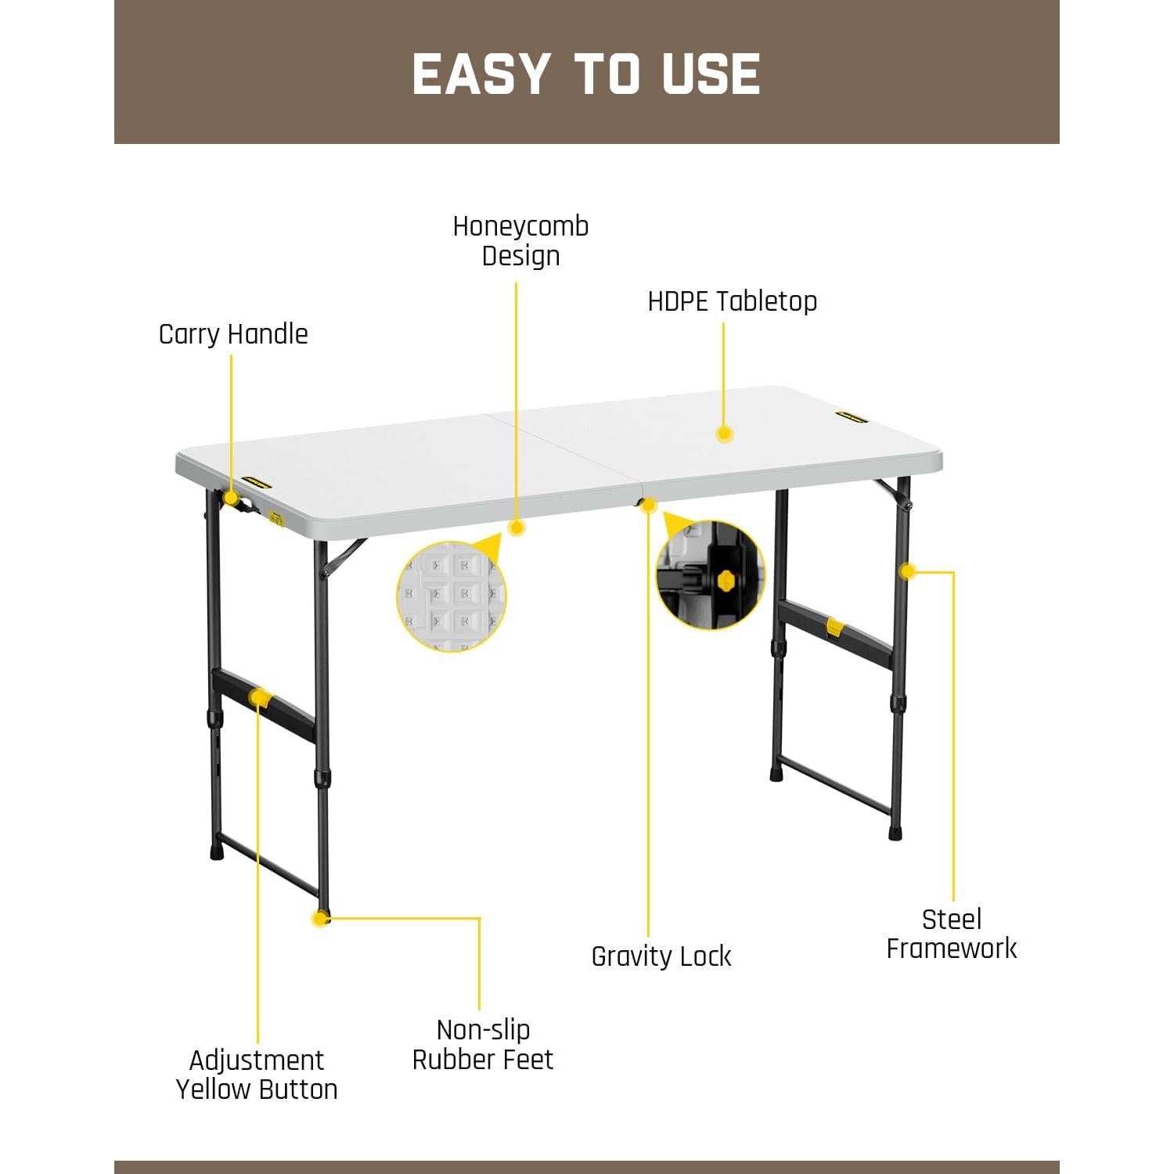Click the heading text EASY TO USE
coord(586,74)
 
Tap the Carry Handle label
coord(233,334)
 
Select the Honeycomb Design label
coord(520,241)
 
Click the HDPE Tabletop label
coord(732,301)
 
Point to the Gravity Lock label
coord(661,956)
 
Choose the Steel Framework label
coord(951,934)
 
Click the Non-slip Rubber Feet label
coord(483,1044)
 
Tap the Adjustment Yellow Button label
coord(257,1075)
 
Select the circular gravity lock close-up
coord(710,575)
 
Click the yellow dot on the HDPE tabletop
coord(724,434)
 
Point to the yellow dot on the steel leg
coord(907,571)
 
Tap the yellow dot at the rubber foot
coord(319,918)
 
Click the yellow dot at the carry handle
coord(231,498)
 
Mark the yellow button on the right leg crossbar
coord(835,627)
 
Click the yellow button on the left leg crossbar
coord(259,697)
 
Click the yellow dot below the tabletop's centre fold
coord(648,505)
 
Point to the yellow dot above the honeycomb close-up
coord(516,528)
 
